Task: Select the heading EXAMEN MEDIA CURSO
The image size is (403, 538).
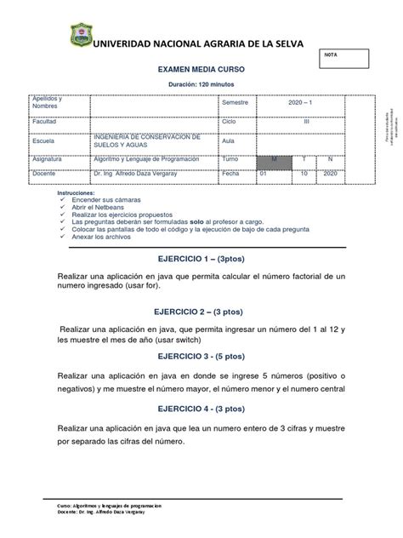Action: point(201,74)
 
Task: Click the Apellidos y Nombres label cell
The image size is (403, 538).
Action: point(57,103)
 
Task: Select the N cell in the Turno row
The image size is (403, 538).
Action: point(331,159)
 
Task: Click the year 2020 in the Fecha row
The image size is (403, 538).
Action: point(331,173)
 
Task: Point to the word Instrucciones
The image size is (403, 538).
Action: point(79,192)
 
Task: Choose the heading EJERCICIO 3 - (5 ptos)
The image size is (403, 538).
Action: point(201,356)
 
